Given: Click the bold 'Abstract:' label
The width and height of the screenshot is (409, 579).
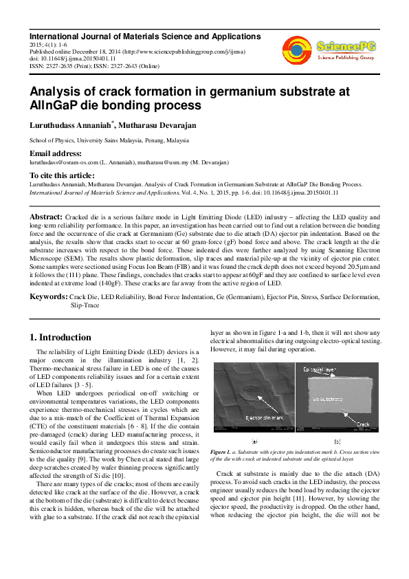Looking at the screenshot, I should [x=46, y=216].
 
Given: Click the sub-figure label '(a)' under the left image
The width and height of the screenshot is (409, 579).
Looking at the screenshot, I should [x=254, y=441].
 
